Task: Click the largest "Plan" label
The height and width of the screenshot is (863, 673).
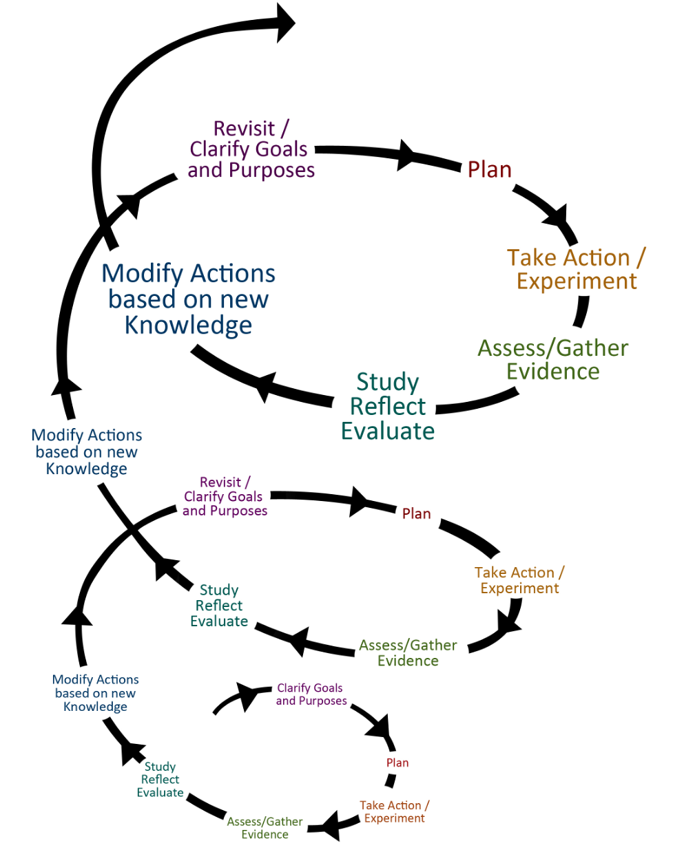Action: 489,169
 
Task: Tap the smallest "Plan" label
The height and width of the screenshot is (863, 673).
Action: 397,763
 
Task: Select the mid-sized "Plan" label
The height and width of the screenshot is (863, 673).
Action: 417,513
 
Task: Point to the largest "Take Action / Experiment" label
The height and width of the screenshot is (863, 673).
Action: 577,269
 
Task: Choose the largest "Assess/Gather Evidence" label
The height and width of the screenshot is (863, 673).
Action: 553,359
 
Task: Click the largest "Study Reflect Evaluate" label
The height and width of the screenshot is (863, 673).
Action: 388,406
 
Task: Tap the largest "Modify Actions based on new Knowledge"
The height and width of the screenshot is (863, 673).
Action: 188,299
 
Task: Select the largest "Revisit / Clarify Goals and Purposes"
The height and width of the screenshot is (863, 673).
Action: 251,149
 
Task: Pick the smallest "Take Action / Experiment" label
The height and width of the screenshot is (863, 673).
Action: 395,811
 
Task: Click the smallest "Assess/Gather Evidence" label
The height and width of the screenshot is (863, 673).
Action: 265,828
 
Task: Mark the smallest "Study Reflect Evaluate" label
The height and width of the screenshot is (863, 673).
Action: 160,780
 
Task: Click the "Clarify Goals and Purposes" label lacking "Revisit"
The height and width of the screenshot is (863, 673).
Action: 311,694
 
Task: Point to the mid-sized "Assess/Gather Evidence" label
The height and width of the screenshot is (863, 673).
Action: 408,652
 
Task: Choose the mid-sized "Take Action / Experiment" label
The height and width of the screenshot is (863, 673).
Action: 519,580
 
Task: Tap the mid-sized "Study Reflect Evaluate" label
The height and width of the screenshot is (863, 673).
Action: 219,606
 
